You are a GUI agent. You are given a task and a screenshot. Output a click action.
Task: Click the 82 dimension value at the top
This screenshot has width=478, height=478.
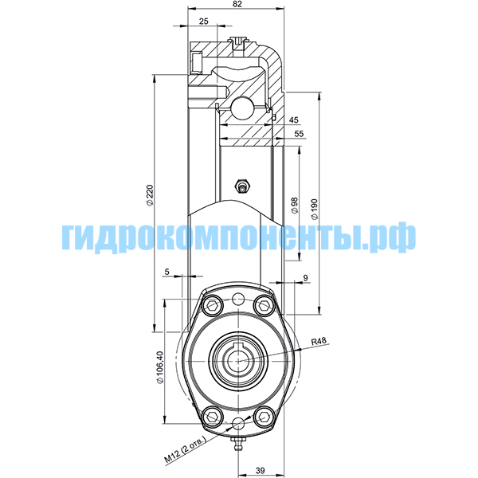[x=237, y=4]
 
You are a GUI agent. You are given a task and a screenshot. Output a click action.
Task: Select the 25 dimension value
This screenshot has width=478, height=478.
[x=204, y=21]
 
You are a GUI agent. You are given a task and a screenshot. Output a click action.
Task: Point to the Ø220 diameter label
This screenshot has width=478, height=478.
[x=150, y=195]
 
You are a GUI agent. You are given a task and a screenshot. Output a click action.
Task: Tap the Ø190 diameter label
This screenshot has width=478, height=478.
[x=314, y=209]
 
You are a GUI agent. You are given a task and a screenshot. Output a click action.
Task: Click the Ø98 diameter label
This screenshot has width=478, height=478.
[x=295, y=206]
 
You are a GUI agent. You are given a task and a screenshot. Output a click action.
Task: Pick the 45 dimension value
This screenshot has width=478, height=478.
[x=294, y=119]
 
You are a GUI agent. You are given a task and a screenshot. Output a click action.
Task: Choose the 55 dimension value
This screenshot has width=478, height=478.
[x=300, y=134]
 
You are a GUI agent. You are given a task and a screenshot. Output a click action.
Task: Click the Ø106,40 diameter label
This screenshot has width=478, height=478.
[x=160, y=367]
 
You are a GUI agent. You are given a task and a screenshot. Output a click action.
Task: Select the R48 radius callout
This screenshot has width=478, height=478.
[x=319, y=341]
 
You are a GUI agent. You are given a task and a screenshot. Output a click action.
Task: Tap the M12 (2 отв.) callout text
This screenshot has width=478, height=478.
[x=186, y=451]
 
